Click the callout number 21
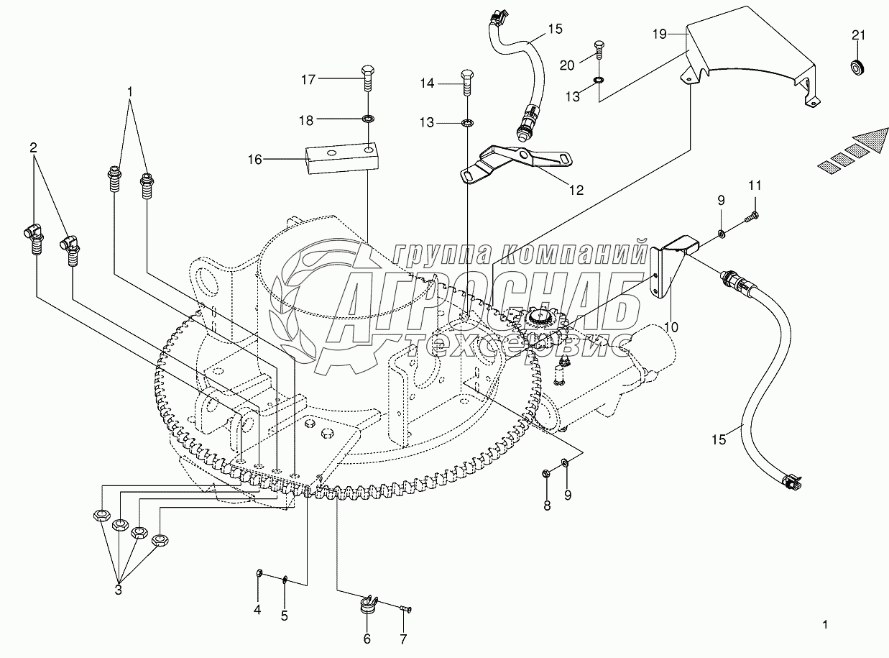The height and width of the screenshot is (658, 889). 858,35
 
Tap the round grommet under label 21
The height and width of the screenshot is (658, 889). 857,67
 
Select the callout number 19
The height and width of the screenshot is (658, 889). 660,34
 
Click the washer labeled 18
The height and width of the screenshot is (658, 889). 367,119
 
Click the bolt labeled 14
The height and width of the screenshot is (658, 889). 467,83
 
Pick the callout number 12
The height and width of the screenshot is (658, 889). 576,190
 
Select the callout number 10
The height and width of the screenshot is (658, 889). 671,327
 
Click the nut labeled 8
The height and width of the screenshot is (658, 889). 545,473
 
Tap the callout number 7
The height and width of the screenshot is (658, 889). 403,639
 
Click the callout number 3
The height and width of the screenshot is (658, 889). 119,590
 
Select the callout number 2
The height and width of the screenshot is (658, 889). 33,147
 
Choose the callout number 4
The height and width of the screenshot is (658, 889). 257,621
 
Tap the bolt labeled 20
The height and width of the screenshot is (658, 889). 599,50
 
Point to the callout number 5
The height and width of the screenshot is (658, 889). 284,627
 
